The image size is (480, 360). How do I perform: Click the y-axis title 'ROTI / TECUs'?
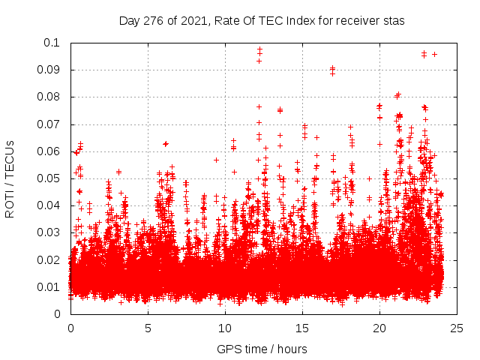[10, 178]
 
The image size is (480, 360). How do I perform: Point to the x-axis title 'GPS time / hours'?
[262, 349]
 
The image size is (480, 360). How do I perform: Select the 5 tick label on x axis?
[148, 328]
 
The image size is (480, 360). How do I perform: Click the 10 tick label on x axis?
[225, 328]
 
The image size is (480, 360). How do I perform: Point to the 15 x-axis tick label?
[302, 328]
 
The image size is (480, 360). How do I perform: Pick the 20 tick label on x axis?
[379, 328]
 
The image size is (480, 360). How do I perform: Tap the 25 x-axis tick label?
[457, 328]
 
